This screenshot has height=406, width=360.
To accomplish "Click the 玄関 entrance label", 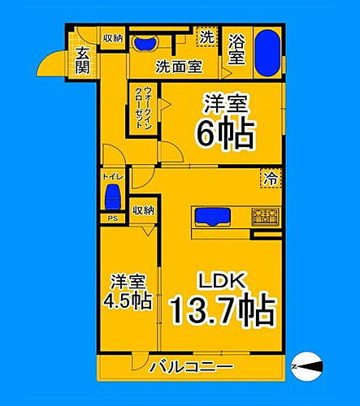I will pos(83,61).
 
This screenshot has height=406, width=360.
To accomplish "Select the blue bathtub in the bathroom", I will pos(267,50).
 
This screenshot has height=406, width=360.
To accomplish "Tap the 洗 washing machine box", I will pos(207,37).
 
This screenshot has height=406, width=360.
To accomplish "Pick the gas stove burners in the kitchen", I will pos(265,217).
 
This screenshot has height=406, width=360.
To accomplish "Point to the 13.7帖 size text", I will pos(222,309).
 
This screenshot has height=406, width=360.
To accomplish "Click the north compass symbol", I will pos(309,366).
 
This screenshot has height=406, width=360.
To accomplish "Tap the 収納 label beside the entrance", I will pos(112,38).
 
